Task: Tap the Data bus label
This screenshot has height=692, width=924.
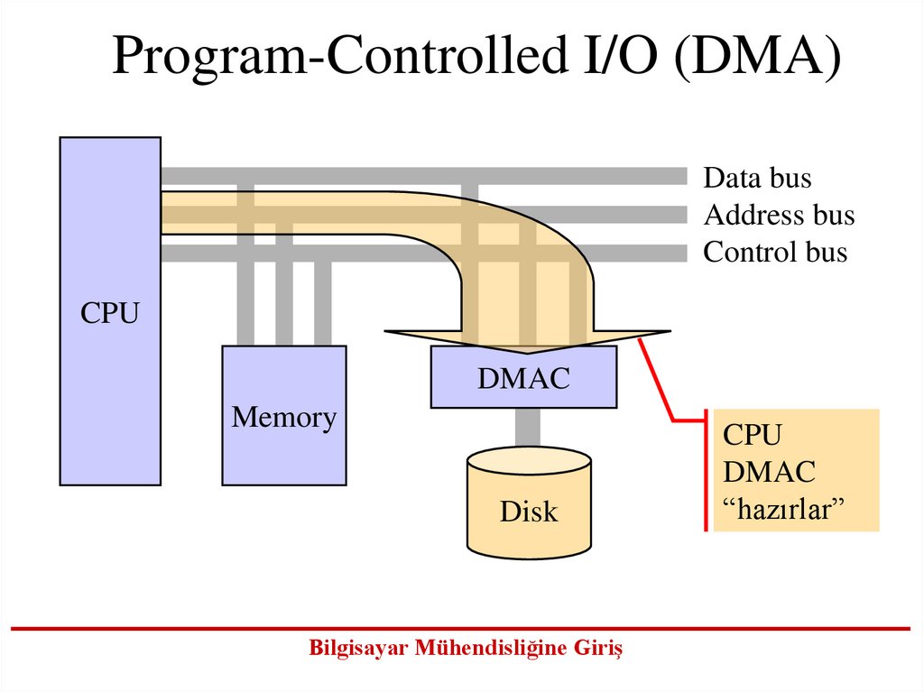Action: (757, 178)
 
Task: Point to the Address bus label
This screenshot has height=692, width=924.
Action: (779, 216)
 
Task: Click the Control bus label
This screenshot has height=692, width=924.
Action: (775, 252)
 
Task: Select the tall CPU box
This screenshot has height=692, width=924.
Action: (110, 397)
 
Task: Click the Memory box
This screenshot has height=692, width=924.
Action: (284, 451)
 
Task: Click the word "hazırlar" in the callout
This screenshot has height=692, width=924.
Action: (782, 510)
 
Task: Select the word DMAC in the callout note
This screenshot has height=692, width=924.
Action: (769, 472)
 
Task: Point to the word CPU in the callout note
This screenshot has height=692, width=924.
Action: (752, 435)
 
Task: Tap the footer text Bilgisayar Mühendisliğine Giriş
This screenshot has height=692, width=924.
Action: (466, 648)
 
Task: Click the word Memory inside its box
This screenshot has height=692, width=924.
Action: (284, 418)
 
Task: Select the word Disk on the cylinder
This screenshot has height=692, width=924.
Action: (529, 512)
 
